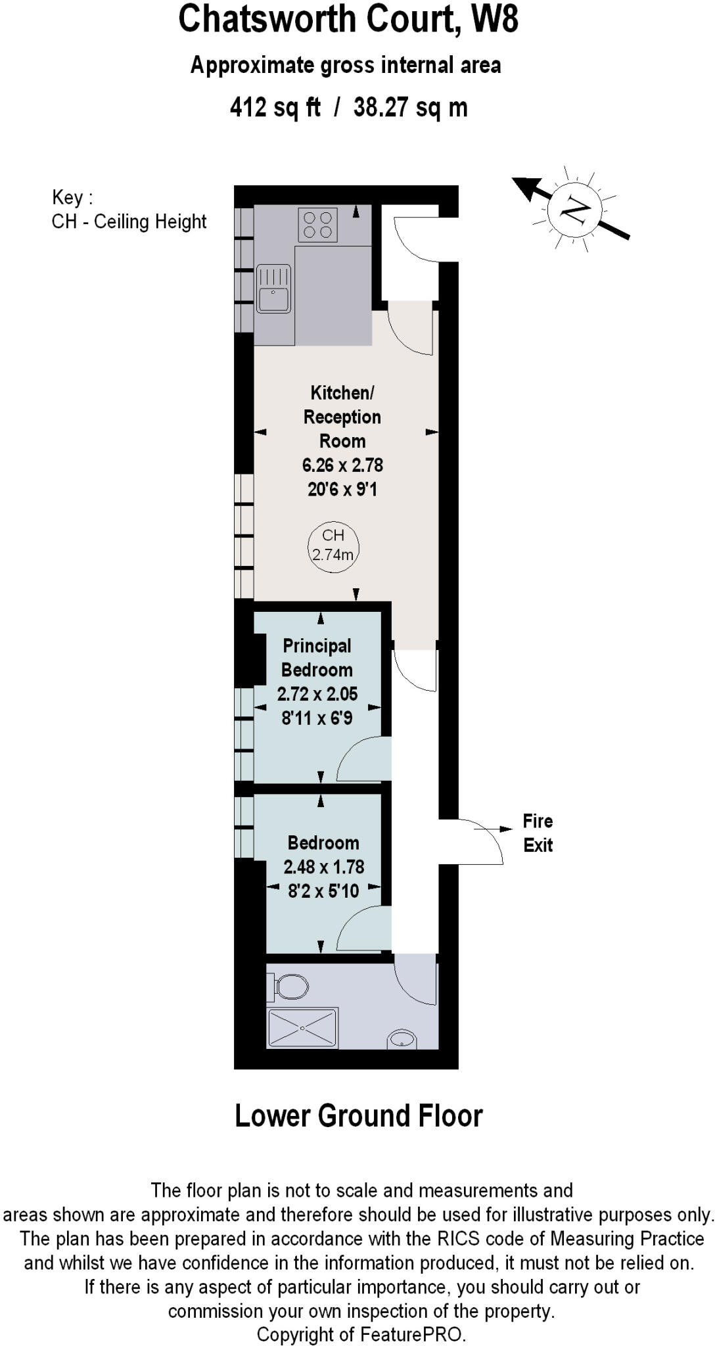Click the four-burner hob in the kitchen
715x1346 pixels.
pyautogui.click(x=318, y=225)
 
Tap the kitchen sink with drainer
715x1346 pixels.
pyautogui.click(x=273, y=289)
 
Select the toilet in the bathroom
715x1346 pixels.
pyautogui.click(x=290, y=986)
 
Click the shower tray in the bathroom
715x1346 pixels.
pyautogui.click(x=302, y=1028)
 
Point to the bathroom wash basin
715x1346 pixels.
pyautogui.click(x=402, y=1040)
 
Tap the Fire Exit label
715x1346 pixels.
pyautogui.click(x=538, y=833)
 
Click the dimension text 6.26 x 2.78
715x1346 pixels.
pyautogui.click(x=342, y=465)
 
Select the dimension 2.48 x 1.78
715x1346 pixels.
pyautogui.click(x=324, y=867)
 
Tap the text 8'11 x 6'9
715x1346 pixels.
pyautogui.click(x=317, y=718)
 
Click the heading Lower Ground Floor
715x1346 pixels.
pyautogui.click(x=358, y=1116)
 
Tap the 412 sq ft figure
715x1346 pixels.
pyautogui.click(x=275, y=106)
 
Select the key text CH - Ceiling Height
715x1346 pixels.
pyautogui.click(x=129, y=221)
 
